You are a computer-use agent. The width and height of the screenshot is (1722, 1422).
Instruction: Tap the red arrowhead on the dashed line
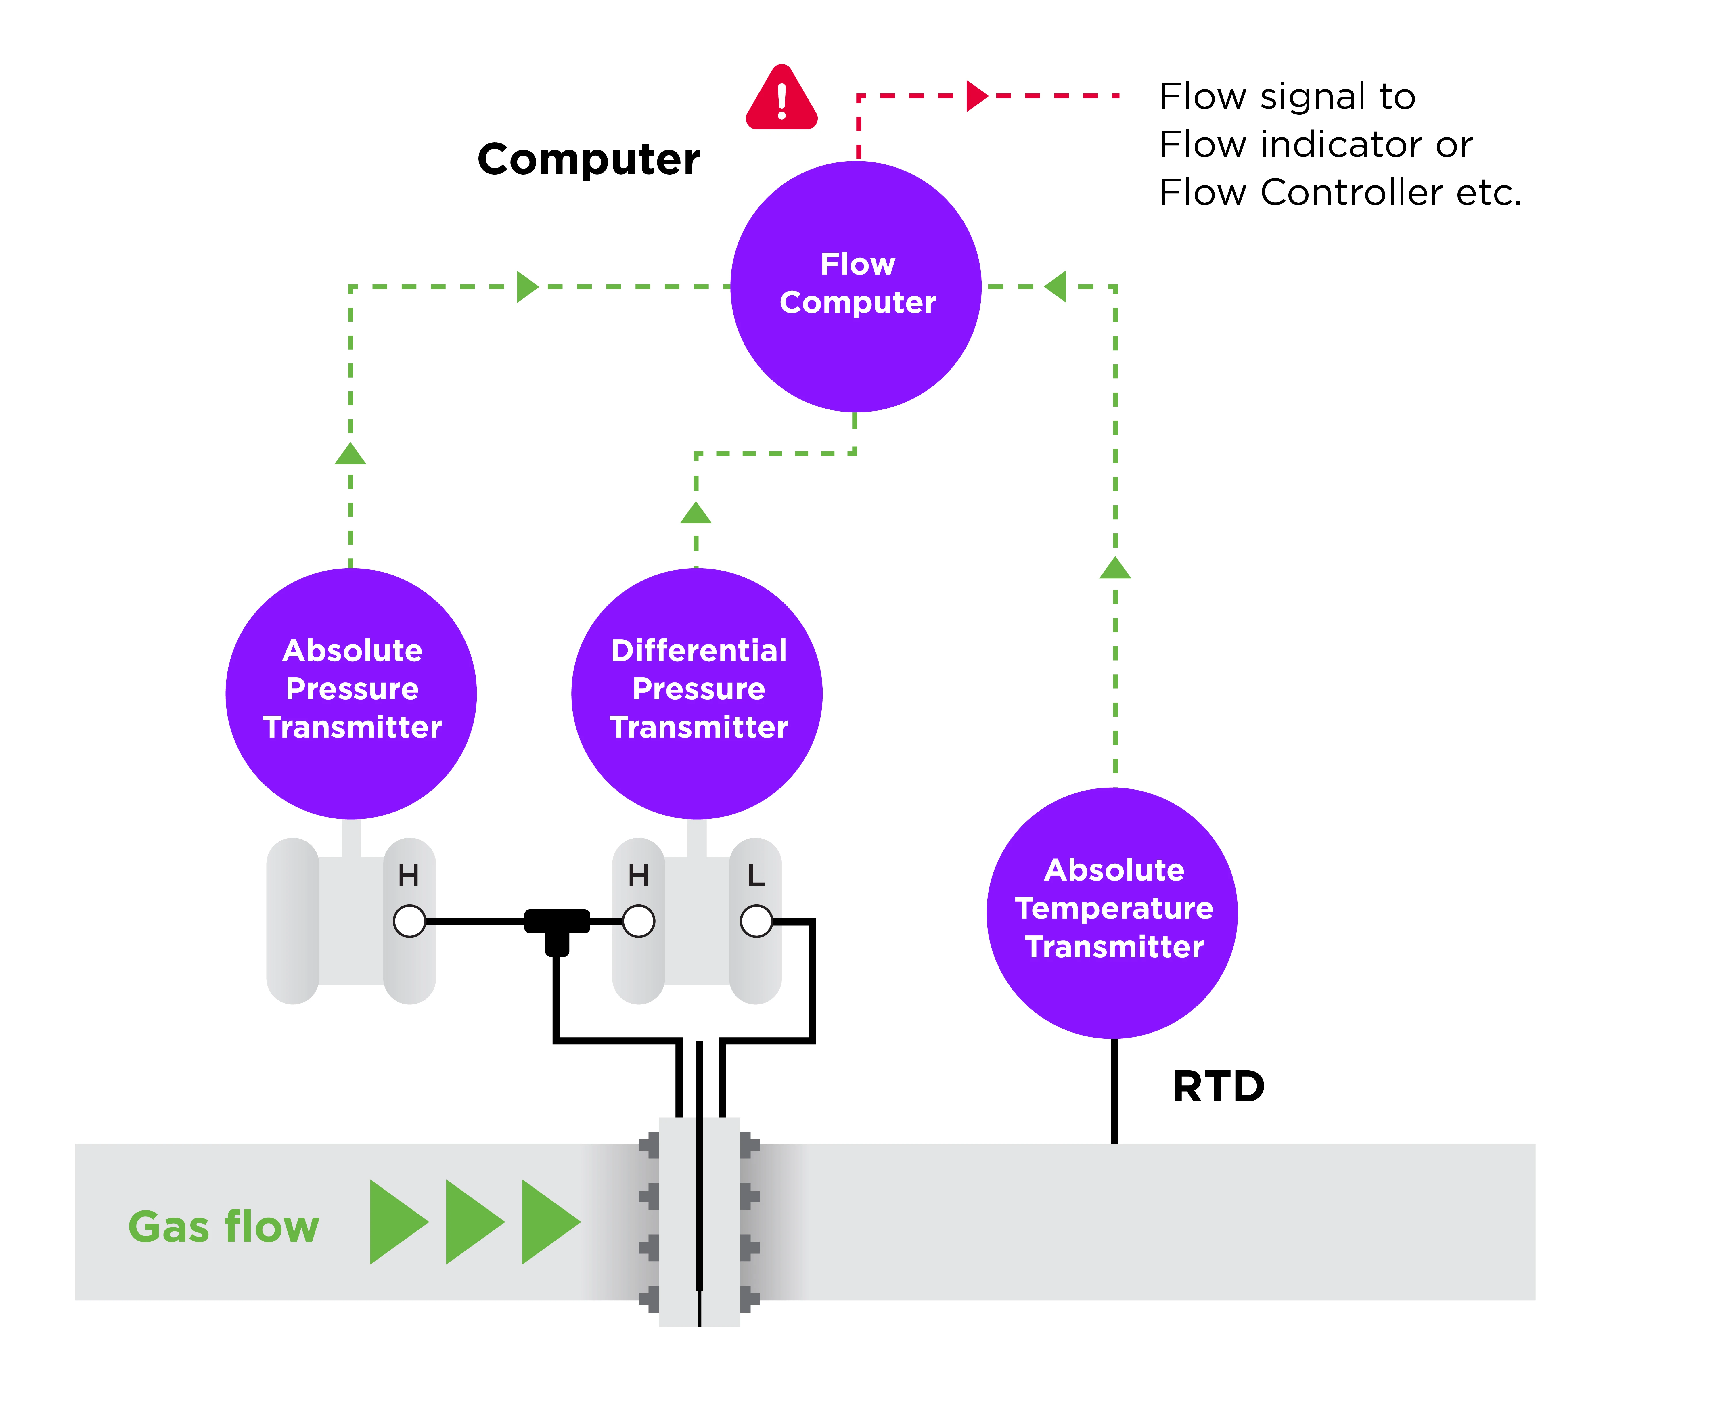click(x=976, y=96)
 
